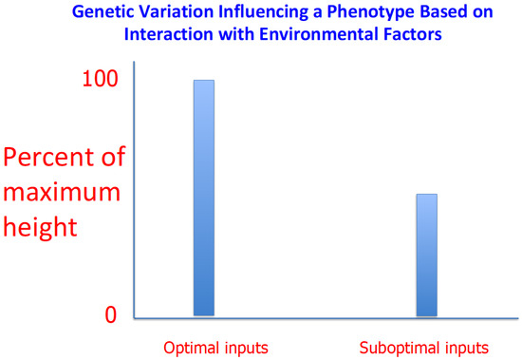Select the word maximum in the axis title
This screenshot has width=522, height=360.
[x=62, y=193]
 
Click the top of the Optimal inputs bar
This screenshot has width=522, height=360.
[x=203, y=81]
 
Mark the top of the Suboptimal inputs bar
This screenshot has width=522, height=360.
[x=427, y=195]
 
